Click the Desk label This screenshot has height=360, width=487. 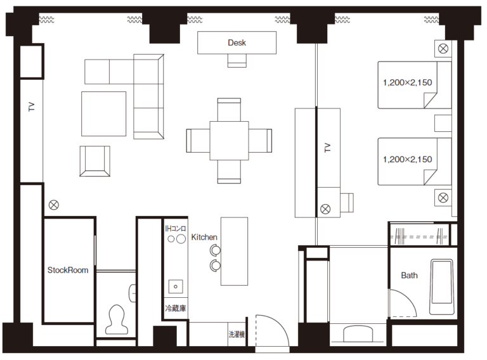point(237,42)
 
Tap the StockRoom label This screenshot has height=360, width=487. point(68,270)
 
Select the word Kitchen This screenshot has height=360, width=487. point(204,237)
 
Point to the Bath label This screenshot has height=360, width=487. point(409,275)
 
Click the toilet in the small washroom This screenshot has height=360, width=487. point(117,319)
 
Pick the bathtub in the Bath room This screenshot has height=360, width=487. point(441,286)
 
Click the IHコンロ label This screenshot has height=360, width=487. point(176,229)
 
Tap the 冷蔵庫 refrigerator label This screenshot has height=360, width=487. point(176,308)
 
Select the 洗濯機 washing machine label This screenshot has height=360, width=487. point(237,334)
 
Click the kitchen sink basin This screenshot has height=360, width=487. point(176,286)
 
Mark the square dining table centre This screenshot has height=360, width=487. point(229,141)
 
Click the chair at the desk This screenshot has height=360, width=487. point(237,60)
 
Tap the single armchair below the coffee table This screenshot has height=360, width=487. point(94,161)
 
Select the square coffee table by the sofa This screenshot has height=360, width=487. point(104,113)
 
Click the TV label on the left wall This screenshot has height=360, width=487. point(31,106)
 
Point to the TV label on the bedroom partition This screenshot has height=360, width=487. point(327,148)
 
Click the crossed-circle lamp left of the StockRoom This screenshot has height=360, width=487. point(54,205)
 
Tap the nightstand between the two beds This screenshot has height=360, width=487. point(443,123)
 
